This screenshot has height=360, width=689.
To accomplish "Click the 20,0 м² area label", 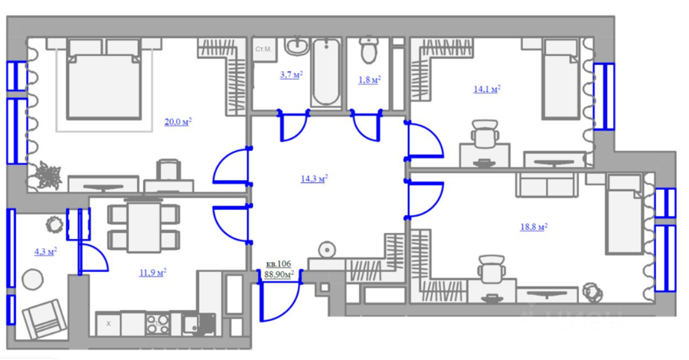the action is pos(178,122).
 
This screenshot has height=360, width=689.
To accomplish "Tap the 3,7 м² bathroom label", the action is pos(292,75).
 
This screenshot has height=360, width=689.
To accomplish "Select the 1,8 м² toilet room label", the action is pos(370,80).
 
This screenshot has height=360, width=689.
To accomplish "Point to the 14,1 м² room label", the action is pos(487,89).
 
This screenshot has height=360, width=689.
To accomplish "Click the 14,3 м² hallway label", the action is pos(314,178).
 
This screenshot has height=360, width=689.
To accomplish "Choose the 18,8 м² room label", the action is pos(534,227).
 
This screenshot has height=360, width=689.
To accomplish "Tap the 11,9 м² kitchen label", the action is pos(152,273).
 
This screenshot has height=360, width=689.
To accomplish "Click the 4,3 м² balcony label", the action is pos(46,252).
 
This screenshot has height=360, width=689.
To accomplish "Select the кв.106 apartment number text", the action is pos(279,264).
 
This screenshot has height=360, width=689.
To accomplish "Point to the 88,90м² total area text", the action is pos(279,274).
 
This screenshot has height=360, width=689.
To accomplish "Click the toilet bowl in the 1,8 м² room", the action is pos(368,50).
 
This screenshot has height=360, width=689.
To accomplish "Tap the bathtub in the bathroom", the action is pos(325,72).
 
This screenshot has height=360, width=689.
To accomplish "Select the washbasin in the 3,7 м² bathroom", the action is pos(296,46).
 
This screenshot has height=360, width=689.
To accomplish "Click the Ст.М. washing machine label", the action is pos(263,49).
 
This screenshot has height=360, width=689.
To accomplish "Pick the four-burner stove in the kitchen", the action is pos(157,325).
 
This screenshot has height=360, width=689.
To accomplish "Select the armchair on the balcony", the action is pos(44,319).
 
